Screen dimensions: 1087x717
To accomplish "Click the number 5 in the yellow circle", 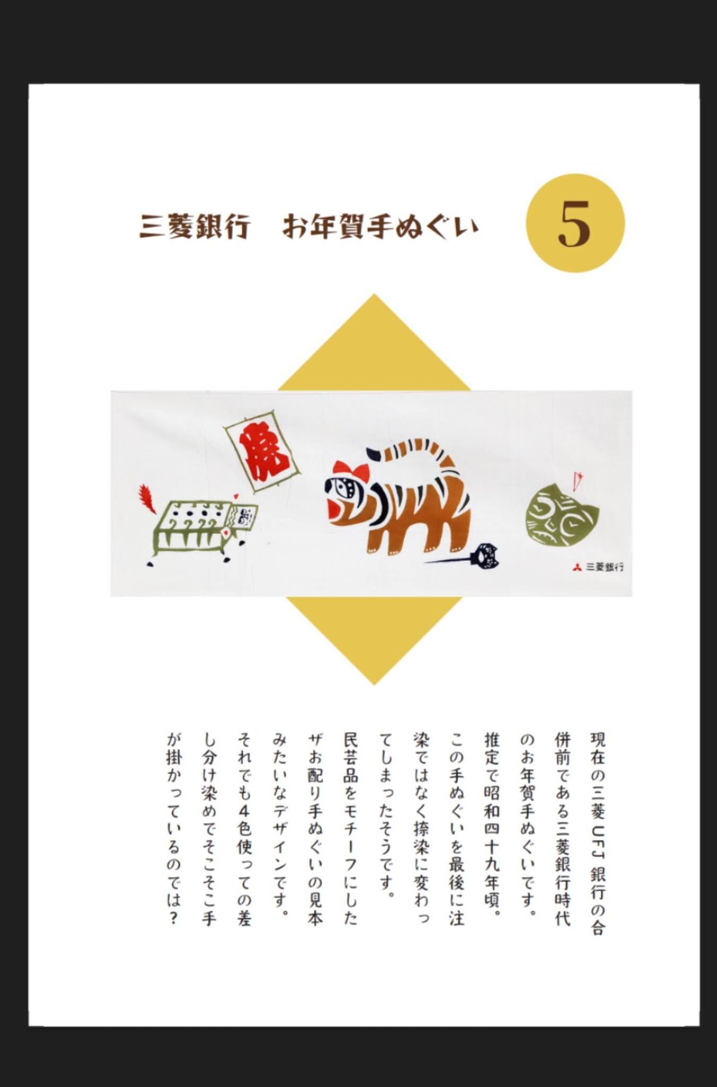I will point(574,223).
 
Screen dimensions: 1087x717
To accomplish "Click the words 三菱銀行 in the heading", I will point(194,227).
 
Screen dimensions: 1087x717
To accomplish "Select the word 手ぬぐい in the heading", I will point(418,227).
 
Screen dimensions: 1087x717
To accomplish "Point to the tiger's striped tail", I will point(418,451).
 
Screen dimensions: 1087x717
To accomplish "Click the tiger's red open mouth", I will point(338,509).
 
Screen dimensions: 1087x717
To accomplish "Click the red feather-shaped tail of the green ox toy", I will point(147,498).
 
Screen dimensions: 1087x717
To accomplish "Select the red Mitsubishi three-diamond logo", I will point(577,567).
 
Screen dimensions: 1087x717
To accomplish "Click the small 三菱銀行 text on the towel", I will point(605,567).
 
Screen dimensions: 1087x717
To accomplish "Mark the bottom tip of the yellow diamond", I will point(374,682).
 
